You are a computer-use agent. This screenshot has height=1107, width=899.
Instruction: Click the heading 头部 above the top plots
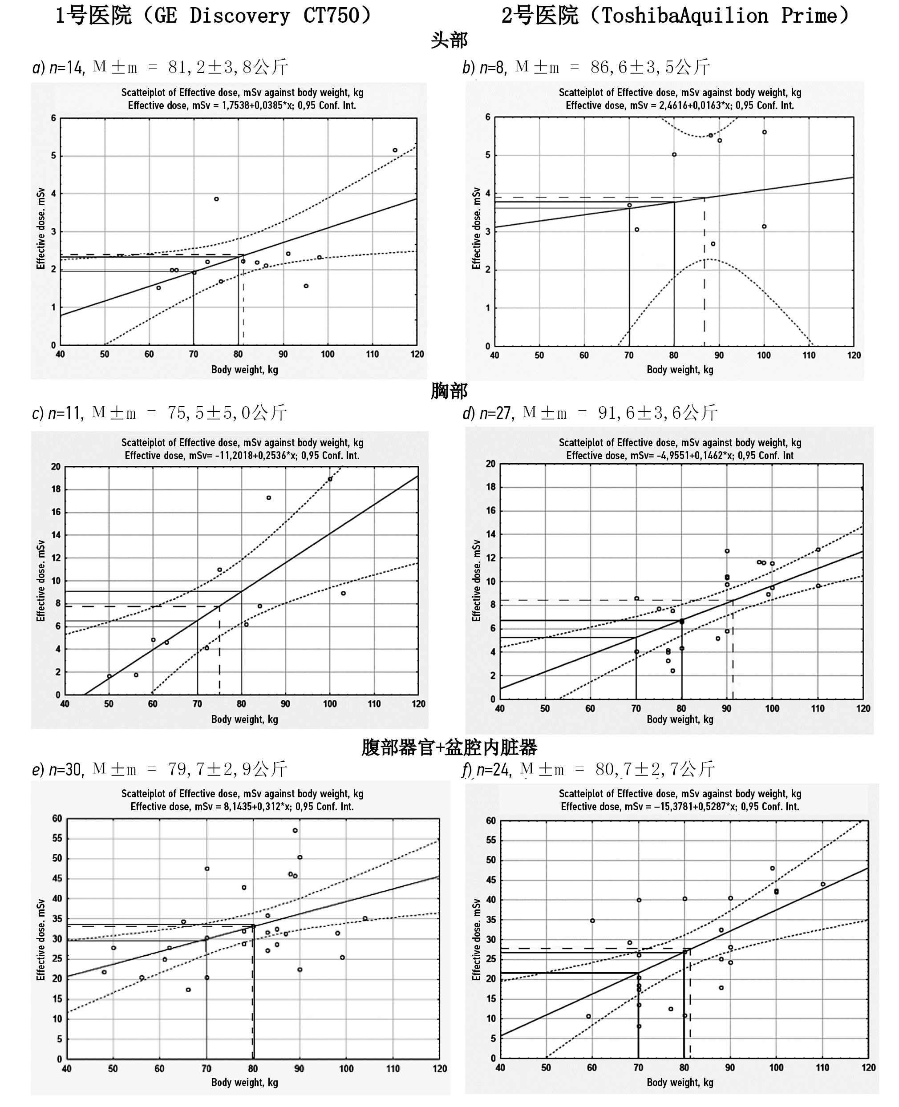(x=449, y=40)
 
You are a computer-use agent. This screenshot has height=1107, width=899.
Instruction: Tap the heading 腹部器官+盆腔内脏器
(x=449, y=747)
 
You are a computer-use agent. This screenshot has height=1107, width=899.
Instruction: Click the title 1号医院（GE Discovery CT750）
(x=213, y=16)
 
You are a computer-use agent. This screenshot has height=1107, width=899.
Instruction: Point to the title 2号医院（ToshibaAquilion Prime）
(x=675, y=16)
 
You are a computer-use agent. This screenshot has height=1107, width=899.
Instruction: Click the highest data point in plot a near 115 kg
(x=395, y=150)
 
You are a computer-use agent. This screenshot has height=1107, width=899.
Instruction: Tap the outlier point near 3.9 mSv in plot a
(x=216, y=199)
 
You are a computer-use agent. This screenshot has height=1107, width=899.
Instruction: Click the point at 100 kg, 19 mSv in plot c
(x=330, y=479)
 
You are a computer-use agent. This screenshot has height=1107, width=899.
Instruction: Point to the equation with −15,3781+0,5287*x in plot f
(x=680, y=807)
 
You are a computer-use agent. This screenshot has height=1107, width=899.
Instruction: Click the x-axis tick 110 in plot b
(x=809, y=355)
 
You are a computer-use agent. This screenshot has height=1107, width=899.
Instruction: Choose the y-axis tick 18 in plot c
(x=56, y=489)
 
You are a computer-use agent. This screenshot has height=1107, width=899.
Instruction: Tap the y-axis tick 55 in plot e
(x=57, y=838)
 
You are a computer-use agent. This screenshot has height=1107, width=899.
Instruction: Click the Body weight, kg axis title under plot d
(x=680, y=719)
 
